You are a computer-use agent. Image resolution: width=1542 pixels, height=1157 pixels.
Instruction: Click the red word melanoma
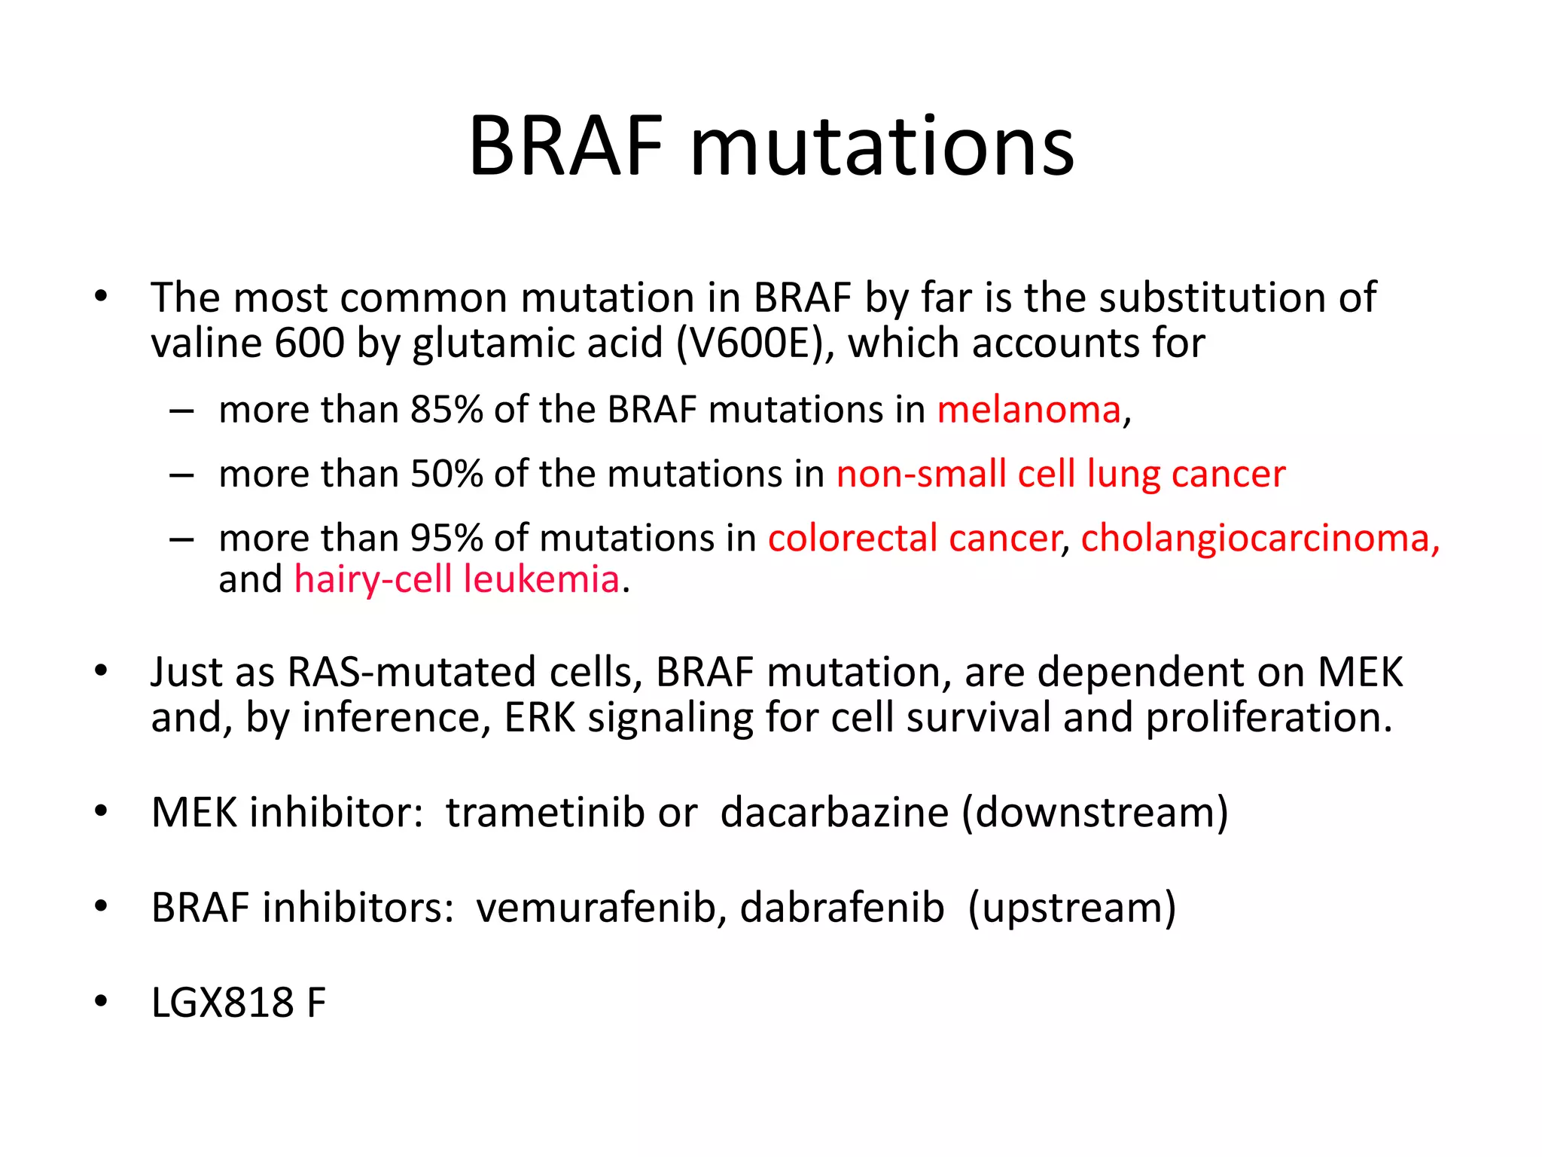coord(1029,411)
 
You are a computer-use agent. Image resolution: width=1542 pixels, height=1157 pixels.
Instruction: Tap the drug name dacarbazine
coord(835,813)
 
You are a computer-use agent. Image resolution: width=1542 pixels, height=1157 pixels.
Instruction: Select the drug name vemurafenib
coord(601,908)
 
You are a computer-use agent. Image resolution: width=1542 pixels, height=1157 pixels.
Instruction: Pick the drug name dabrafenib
coord(842,908)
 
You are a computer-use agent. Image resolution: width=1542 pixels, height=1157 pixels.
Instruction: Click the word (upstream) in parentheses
coord(1071,908)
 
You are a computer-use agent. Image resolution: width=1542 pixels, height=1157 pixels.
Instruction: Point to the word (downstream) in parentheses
coord(1095,813)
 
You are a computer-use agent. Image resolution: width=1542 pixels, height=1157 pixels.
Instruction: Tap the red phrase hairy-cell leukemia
coord(457,580)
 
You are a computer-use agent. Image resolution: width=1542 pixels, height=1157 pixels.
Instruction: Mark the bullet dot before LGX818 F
coord(101,1002)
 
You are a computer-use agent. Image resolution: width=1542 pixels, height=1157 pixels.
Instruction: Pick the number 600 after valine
coord(309,343)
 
